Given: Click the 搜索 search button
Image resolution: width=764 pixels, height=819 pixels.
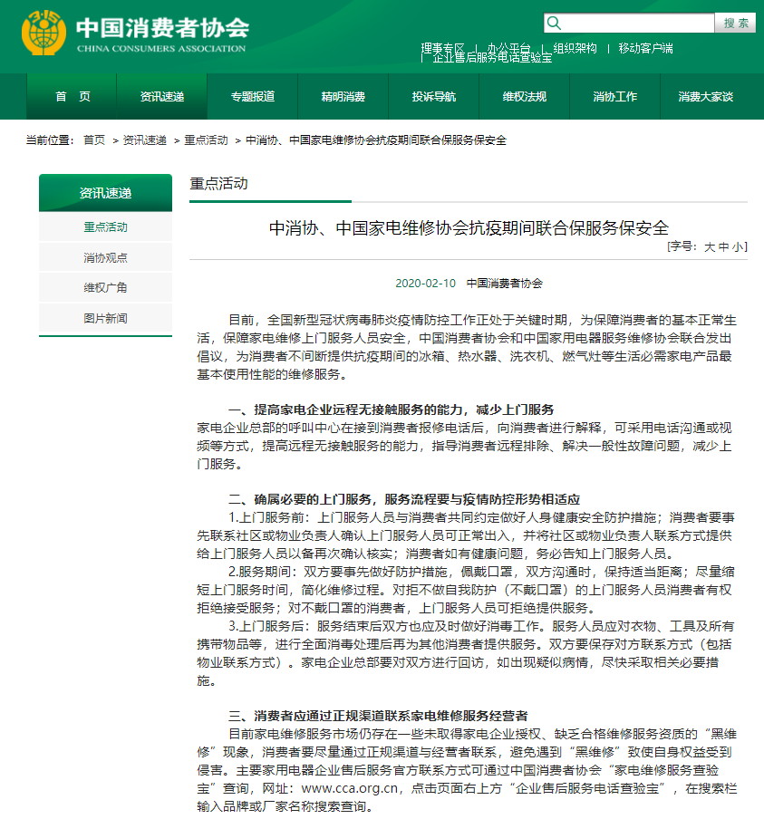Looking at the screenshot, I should point(736,23).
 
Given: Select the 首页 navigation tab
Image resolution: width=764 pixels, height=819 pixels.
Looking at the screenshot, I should point(73,97).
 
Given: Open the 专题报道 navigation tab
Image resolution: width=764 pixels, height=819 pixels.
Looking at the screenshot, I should point(252,97).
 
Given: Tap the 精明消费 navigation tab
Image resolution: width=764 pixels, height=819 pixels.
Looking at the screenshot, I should point(343,97).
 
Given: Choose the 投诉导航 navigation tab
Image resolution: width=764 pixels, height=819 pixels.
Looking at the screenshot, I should point(433,97).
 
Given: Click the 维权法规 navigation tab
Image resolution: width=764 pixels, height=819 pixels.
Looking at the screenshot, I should point(524,97).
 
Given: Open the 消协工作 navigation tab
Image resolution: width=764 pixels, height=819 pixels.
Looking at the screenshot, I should point(614,97).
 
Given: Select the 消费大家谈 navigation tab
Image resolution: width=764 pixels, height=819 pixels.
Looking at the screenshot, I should point(705,97).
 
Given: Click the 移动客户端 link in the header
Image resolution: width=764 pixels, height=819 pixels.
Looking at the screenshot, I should point(645,48).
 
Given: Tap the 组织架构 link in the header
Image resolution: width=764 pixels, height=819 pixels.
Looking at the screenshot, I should point(575,48).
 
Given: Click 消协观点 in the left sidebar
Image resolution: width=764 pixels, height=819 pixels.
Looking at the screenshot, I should point(105,257).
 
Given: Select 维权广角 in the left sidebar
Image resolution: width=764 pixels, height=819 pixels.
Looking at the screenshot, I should point(105,287).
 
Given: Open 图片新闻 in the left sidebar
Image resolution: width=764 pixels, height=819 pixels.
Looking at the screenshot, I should point(105,318).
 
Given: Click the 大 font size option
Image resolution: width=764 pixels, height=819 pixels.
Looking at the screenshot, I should point(710,246).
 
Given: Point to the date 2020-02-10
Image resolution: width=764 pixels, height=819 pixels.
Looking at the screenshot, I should point(427,283).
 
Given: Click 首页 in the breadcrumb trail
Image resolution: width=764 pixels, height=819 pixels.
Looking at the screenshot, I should point(94,140).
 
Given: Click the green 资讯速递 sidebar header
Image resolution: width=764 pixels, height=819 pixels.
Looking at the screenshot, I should point(105,193).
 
